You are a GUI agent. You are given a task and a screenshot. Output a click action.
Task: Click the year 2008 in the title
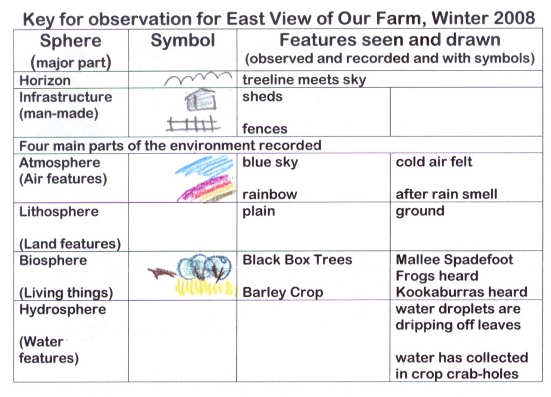(514, 18)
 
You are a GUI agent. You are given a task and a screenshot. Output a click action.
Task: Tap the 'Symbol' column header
(183, 40)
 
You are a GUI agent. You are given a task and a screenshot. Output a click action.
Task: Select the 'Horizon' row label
(45, 81)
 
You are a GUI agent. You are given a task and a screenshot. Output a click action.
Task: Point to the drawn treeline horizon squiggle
(199, 78)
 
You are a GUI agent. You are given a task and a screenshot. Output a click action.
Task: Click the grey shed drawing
(200, 100)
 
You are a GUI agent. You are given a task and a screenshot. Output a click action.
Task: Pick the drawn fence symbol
(193, 124)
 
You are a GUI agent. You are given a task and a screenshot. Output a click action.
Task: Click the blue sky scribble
(204, 165)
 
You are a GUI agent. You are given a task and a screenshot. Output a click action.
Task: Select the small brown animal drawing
(161, 273)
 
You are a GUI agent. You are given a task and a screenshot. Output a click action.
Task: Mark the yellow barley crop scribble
(205, 288)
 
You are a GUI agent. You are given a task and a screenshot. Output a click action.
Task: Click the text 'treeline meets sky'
(304, 80)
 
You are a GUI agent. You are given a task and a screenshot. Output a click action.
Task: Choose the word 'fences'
(265, 129)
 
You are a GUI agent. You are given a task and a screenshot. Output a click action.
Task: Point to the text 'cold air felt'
(434, 161)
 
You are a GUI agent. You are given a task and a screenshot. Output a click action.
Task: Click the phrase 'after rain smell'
(446, 194)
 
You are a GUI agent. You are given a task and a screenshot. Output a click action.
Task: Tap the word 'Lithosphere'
(59, 211)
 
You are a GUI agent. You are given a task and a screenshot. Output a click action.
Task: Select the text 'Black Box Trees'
(297, 260)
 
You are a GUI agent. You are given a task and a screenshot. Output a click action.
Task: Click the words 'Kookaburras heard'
(461, 292)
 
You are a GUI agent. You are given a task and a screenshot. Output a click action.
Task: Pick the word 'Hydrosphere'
(62, 309)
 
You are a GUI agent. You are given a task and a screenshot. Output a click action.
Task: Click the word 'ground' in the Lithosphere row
(420, 211)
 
